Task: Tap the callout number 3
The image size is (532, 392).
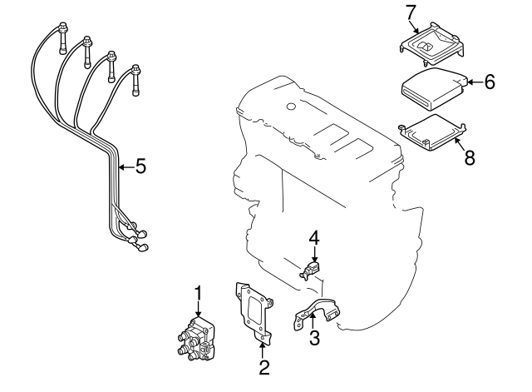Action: [x=314, y=337]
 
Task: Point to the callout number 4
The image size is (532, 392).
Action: [x=314, y=238]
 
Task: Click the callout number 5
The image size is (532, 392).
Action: [x=140, y=167]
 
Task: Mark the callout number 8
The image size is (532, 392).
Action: [x=470, y=157]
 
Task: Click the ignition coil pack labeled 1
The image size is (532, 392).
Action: [x=195, y=341]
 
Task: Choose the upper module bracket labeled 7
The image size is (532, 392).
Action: [x=430, y=45]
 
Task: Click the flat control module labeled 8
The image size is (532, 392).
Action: [x=430, y=133]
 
